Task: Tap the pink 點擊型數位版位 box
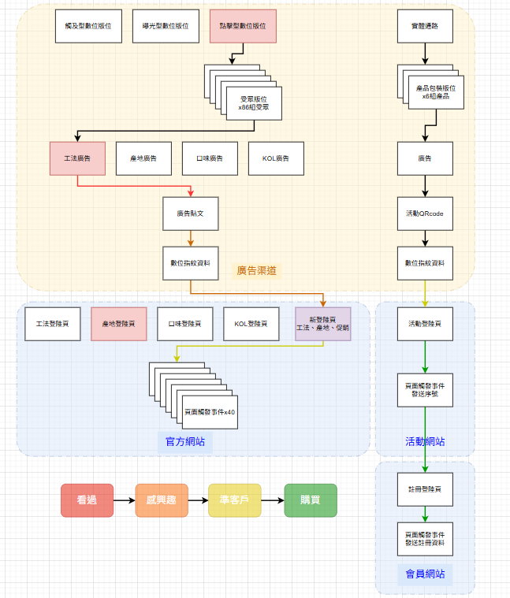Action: coord(244,26)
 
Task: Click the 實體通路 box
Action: coord(425,26)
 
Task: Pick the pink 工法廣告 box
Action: coord(77,158)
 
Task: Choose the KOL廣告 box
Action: coord(276,158)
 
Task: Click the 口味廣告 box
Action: coord(210,158)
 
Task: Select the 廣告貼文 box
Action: coord(190,214)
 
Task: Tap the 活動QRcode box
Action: coord(425,214)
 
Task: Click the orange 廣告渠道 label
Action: coord(257,271)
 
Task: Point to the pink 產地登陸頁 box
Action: coord(119,324)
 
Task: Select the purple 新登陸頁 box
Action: coord(322,324)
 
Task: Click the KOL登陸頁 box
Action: coord(251,324)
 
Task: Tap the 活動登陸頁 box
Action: coord(425,324)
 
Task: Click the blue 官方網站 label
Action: coord(185,442)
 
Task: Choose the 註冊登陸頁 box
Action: coord(425,489)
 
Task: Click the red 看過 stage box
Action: coord(87,500)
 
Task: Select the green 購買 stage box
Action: coord(311,500)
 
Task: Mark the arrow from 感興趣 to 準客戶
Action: coord(198,500)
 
